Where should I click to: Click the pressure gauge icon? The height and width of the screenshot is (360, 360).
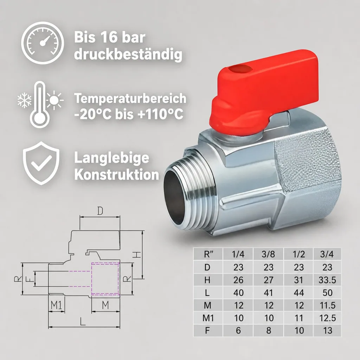coord(43,43)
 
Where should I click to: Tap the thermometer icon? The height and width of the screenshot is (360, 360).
coord(39,104)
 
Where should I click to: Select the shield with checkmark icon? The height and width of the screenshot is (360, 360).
coord(41,163)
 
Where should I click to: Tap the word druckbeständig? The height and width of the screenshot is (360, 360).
coord(128,55)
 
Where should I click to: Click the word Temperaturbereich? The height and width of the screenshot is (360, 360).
coord(130,99)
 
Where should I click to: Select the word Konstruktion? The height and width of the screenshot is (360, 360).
coord(117,175)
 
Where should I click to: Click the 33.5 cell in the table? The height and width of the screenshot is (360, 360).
coord(327,280)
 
